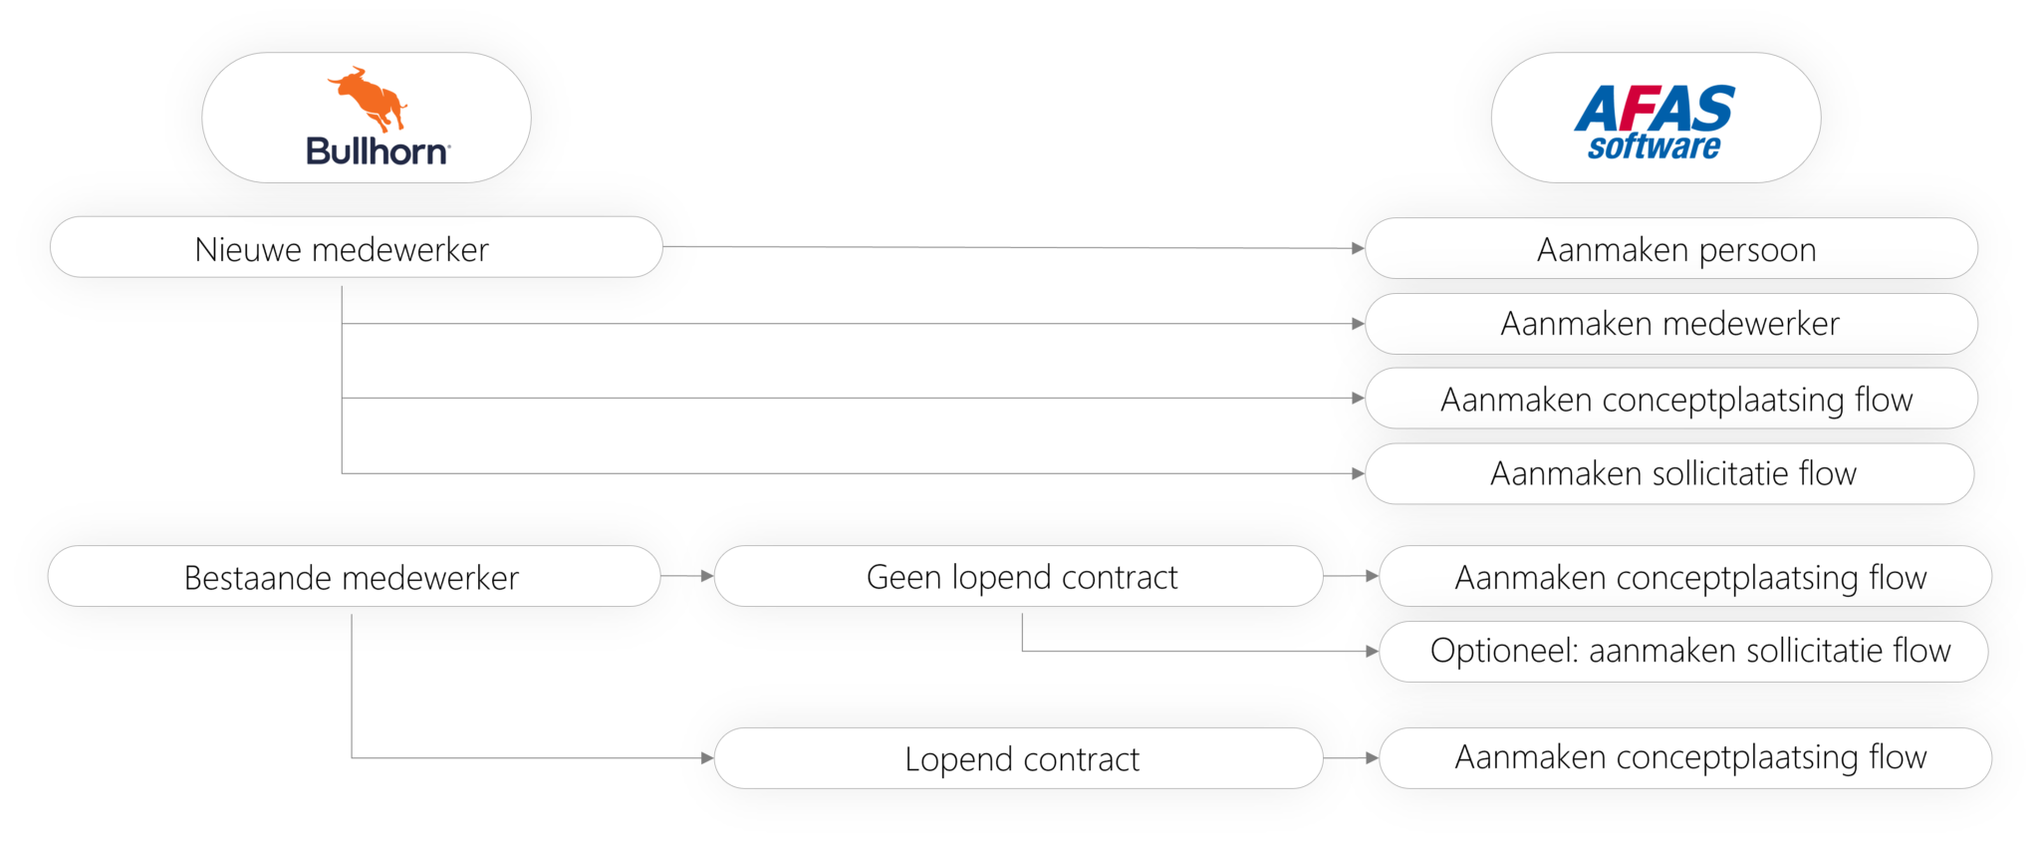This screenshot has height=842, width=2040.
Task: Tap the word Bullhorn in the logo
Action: coord(377,151)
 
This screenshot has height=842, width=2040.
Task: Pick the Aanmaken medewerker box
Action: coord(1670,324)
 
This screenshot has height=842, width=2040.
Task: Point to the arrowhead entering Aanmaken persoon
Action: coord(1358,248)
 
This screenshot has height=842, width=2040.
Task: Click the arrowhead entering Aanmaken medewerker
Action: coord(1358,324)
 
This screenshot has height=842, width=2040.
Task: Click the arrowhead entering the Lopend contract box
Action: coord(707,758)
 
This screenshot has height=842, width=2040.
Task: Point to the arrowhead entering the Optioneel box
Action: coord(1373,651)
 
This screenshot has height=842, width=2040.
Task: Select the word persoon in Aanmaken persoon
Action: coord(1757,250)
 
